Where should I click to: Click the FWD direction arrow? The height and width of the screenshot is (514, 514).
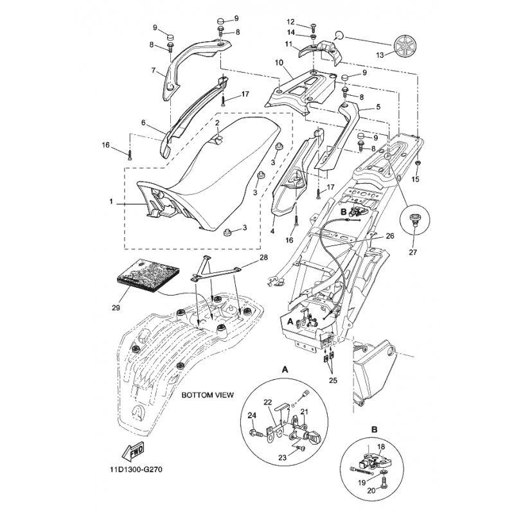point(132,452)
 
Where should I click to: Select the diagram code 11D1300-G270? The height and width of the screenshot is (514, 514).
point(136,470)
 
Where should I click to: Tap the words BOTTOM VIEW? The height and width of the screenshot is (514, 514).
point(208,394)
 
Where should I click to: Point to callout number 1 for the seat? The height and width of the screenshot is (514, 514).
point(111,201)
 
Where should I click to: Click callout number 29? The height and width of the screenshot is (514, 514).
point(116,308)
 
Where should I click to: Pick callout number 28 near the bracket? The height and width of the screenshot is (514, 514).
point(263,258)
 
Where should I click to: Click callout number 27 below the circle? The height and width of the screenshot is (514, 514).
point(412,252)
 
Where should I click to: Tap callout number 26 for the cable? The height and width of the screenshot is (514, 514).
point(390,236)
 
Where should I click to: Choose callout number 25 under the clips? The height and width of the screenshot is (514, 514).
point(333,380)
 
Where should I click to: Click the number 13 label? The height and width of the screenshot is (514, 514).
point(380,55)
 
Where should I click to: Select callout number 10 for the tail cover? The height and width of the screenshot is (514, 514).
point(279,62)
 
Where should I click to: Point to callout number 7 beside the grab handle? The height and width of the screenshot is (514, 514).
point(154,70)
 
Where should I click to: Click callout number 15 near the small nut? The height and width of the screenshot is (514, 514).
point(415,179)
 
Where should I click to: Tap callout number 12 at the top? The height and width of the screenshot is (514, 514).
point(291,22)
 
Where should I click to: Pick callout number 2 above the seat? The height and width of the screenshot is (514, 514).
point(217,123)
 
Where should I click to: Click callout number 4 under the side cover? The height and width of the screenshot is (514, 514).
point(272,231)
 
